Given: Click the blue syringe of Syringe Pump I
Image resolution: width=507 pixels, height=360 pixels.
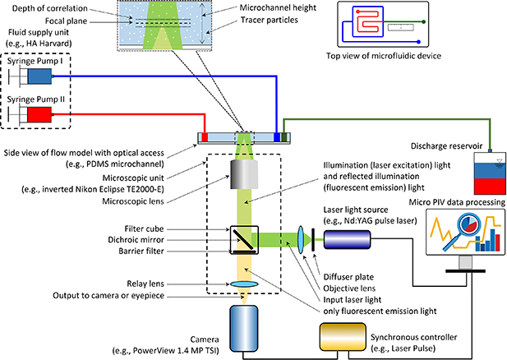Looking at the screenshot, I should (37, 76).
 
